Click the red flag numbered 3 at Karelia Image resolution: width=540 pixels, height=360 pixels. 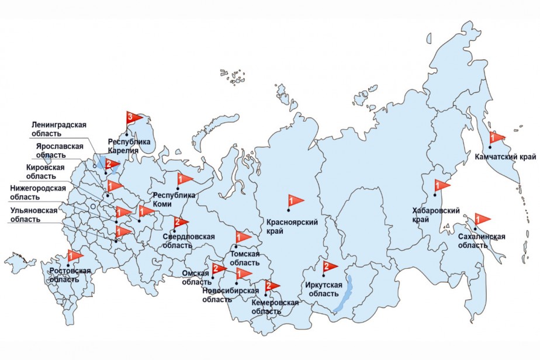coord(133,118)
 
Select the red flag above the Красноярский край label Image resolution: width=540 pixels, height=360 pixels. coord(295,201)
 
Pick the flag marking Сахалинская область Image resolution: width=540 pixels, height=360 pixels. coord(482,219)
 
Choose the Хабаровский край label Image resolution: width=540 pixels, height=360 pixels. coord(435,214)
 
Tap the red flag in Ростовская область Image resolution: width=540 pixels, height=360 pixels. coord(74,256)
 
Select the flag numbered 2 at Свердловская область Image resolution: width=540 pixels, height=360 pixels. coord(180,223)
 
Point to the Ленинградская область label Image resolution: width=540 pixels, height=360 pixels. coord(58,129)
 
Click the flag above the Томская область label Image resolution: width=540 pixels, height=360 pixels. coord(243,237)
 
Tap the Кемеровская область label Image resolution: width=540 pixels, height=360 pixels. coord(275,307)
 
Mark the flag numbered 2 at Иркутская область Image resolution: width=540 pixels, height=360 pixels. coord(328,267)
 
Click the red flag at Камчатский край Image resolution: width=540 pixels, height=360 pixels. coord(496,137)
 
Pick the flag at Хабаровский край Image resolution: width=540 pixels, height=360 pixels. coord(441,186)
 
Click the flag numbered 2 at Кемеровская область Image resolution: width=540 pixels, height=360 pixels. coord(271,286)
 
